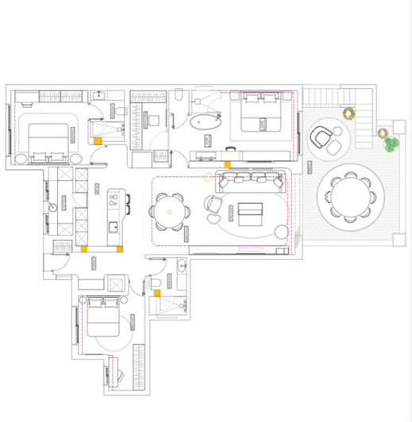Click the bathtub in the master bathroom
206,122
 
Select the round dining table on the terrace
349,194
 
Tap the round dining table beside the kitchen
169,212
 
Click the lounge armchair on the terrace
322,136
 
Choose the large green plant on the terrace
391,144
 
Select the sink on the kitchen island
114,227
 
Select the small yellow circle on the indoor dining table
168,213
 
